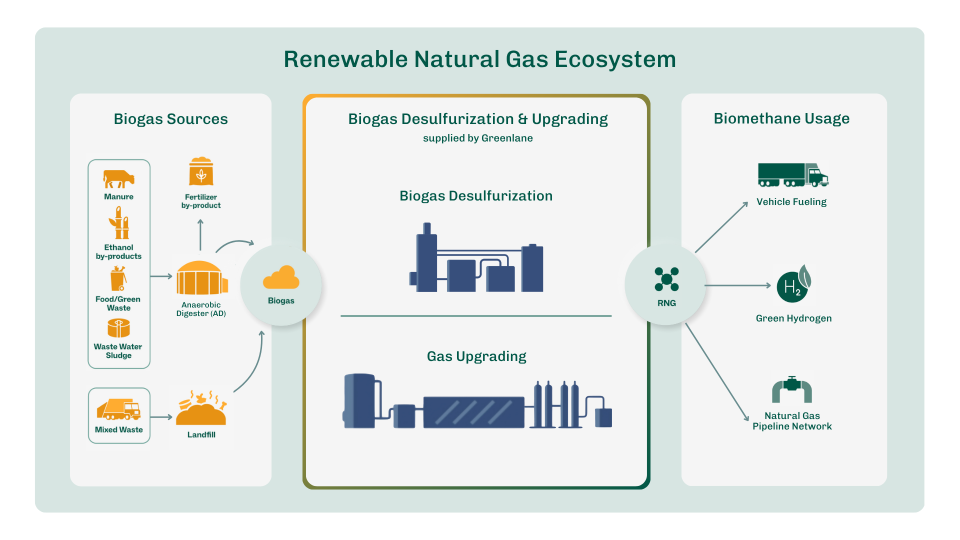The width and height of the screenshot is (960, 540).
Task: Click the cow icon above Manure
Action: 118,178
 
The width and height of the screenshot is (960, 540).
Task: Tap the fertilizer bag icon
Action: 201,172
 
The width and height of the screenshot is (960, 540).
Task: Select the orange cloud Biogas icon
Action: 281,278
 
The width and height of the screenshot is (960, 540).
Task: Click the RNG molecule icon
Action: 666,279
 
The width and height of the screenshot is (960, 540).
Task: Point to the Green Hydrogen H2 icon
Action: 793,285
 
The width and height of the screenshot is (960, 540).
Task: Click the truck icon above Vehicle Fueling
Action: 792,175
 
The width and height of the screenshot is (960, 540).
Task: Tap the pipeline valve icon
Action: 792,390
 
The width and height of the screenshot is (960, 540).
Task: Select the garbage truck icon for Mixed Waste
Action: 119,409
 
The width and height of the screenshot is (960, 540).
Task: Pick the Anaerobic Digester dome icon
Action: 201,278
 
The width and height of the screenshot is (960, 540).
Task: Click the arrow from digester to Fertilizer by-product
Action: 200,234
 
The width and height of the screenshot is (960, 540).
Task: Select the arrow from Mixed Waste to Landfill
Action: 161,416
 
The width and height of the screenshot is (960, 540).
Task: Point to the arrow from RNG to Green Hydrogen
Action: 738,285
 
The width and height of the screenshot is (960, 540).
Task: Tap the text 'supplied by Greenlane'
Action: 477,138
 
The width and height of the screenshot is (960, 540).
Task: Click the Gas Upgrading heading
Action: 476,356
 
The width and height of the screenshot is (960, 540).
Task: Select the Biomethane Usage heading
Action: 781,118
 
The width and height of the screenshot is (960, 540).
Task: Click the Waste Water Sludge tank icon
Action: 118,328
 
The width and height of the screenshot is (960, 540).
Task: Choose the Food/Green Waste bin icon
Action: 118,278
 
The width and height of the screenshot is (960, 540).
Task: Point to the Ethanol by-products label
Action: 118,251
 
